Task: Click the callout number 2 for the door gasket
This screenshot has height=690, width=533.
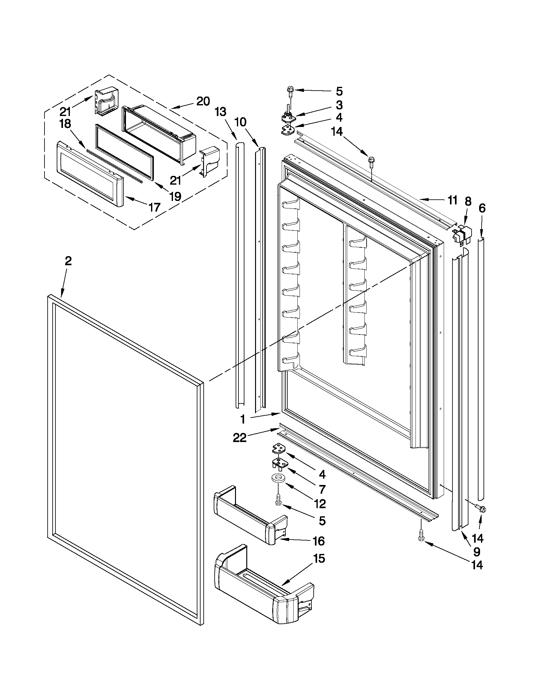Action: pyautogui.click(x=68, y=261)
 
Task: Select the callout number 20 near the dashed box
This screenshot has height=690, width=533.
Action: pyautogui.click(x=203, y=102)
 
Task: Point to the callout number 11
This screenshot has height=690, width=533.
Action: pyautogui.click(x=452, y=200)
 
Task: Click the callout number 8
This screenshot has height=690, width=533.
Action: pyautogui.click(x=468, y=201)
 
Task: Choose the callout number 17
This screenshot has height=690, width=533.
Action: pyautogui.click(x=154, y=207)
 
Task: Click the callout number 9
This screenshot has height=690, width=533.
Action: pyautogui.click(x=477, y=552)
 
